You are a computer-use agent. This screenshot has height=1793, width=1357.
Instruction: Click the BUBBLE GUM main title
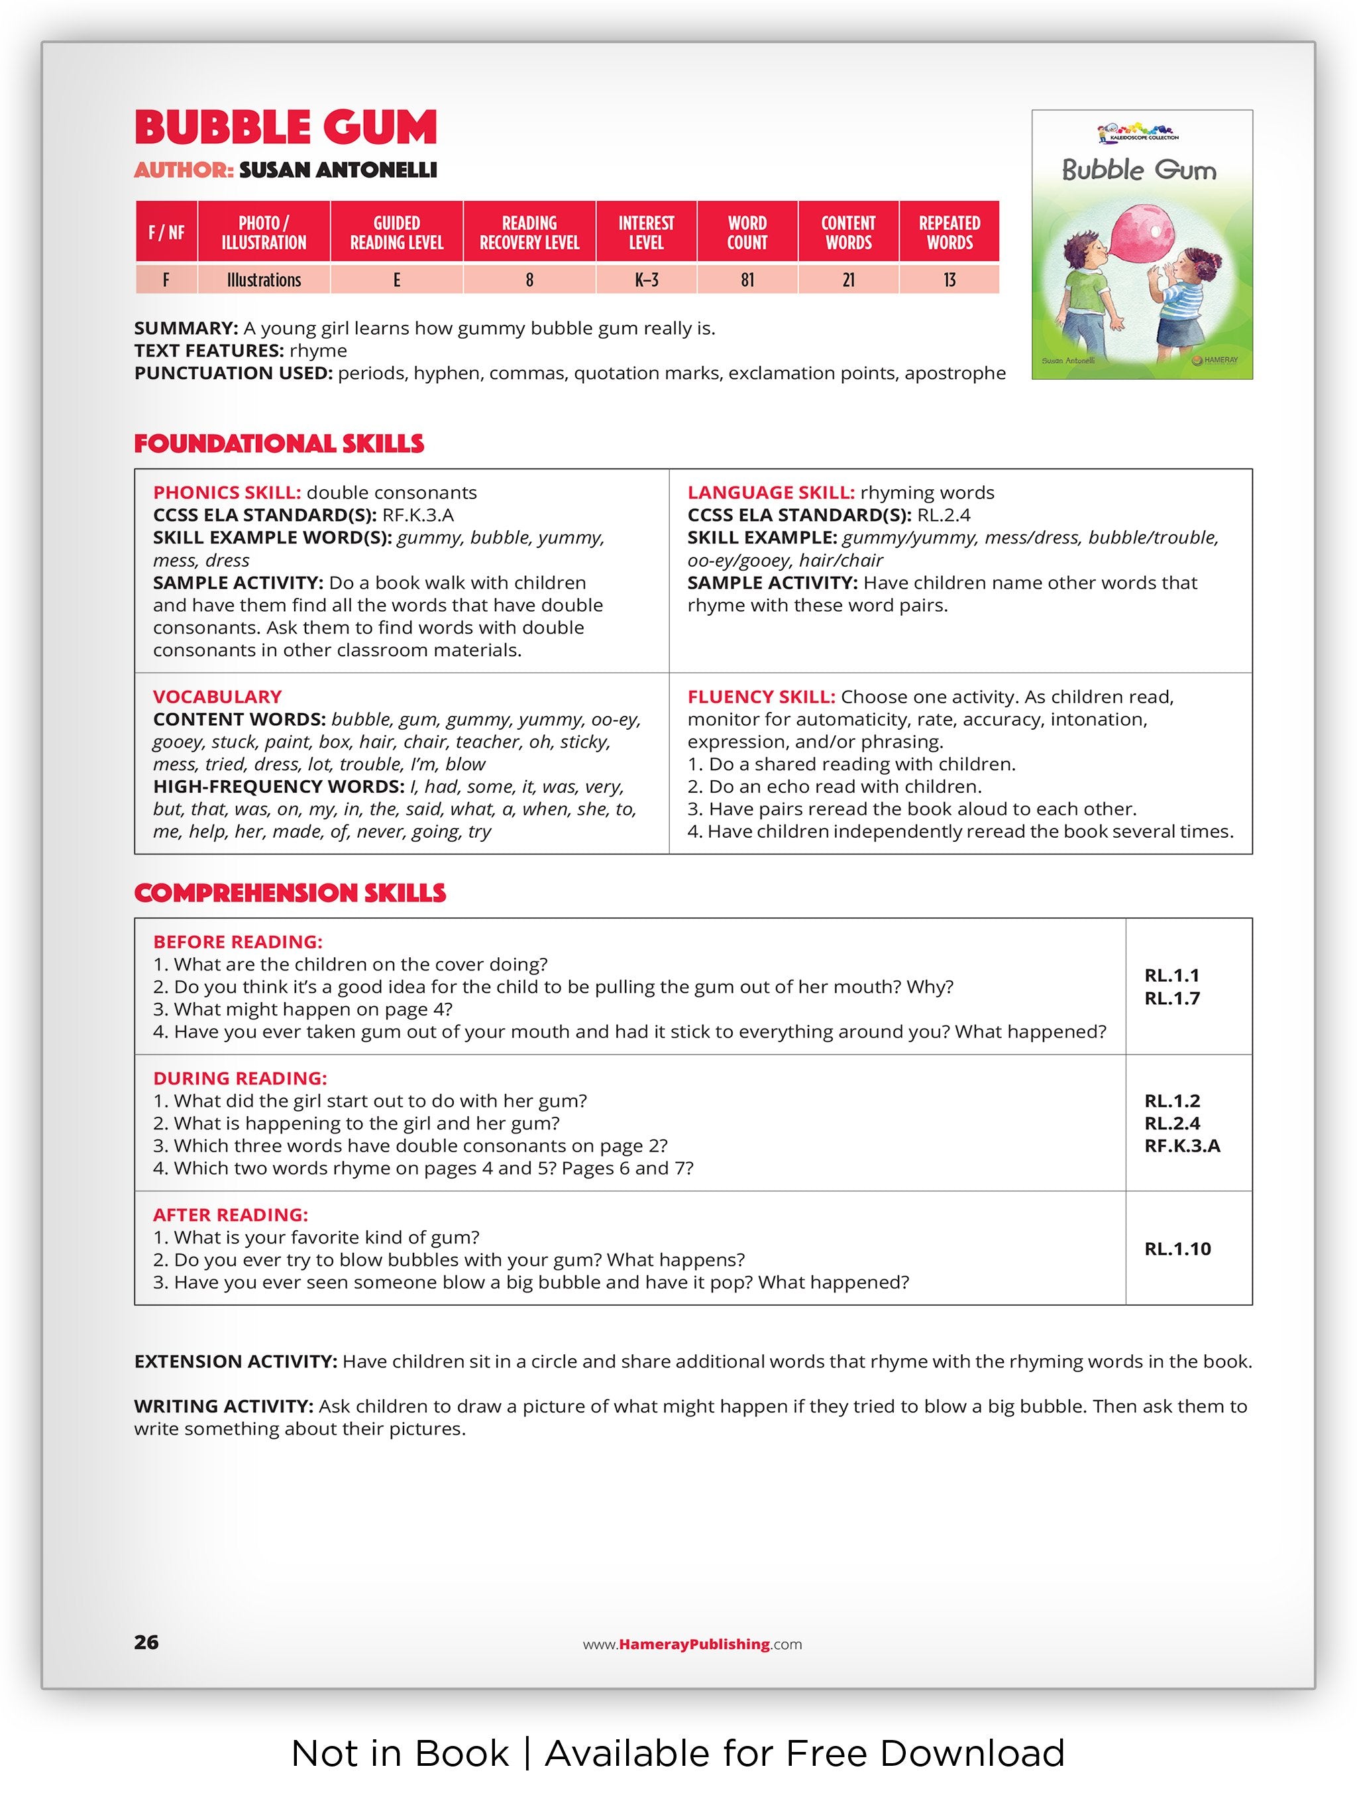click(285, 127)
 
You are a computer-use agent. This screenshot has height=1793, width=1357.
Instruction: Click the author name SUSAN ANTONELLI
click(338, 170)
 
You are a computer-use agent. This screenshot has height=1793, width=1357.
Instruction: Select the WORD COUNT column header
click(746, 233)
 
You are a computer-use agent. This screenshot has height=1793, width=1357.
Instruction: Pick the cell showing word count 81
click(746, 280)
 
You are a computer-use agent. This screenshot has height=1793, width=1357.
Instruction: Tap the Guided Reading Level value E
click(396, 280)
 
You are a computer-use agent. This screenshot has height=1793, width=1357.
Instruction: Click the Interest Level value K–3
click(645, 280)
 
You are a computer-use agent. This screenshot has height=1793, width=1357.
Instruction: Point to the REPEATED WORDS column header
click(949, 233)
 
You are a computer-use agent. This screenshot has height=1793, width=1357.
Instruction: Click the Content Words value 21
click(848, 280)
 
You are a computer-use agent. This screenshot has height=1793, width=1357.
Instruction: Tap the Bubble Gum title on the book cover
click(1139, 170)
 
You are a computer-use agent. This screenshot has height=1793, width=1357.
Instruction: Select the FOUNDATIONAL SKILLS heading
click(279, 443)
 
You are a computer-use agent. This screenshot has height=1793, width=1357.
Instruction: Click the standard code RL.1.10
click(1177, 1249)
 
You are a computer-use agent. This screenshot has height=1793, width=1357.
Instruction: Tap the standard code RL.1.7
click(1171, 999)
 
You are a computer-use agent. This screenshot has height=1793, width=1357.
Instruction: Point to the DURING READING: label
click(240, 1078)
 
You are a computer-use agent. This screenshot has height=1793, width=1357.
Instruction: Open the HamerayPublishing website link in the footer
click(692, 1644)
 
